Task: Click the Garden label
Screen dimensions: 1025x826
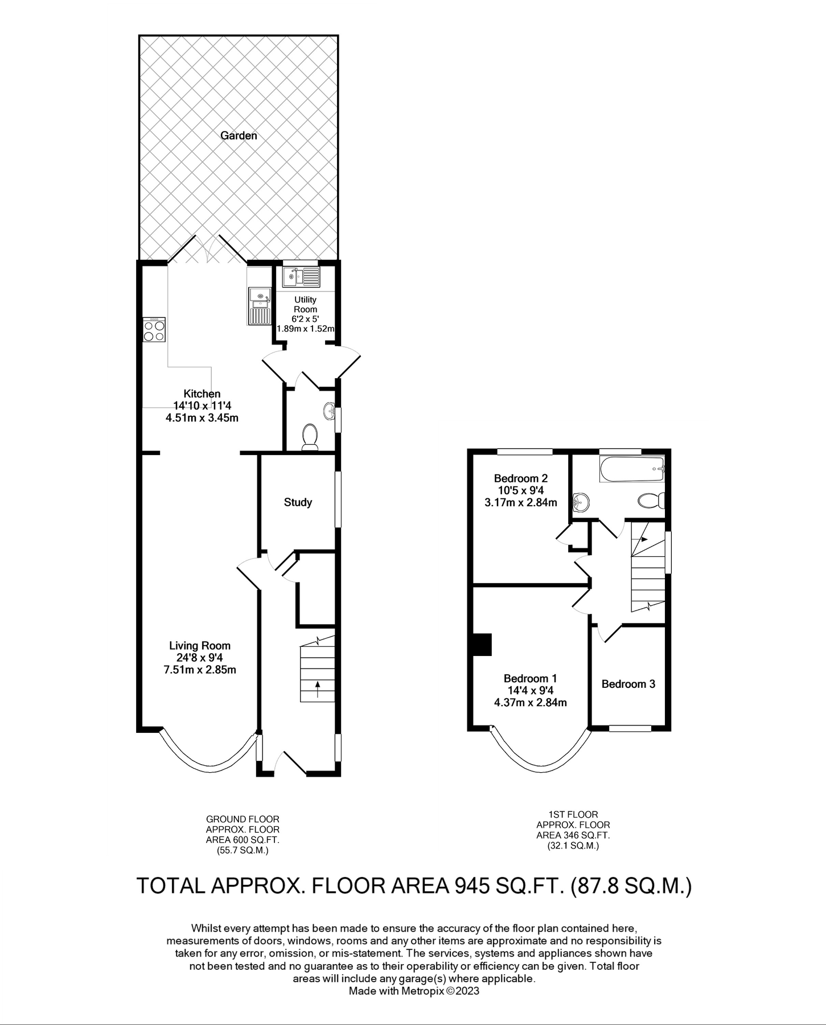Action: (239, 136)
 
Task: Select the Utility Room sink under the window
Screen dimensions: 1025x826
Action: (302, 277)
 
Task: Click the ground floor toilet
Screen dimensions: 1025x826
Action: (310, 437)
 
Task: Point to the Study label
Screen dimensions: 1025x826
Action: (298, 502)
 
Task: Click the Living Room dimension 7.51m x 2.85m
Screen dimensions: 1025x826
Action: (199, 670)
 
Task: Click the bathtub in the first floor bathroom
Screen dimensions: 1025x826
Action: (631, 469)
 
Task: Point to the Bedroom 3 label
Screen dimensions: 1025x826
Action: (628, 684)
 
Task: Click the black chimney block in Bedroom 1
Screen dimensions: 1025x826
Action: (483, 645)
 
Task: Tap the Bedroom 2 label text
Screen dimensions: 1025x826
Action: (520, 478)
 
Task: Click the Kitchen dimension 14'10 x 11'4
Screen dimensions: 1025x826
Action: (202, 405)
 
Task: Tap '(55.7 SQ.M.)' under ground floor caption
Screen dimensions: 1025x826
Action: (243, 851)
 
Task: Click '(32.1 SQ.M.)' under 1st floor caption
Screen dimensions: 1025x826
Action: (573, 846)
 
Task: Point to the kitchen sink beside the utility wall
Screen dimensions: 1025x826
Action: (259, 305)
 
